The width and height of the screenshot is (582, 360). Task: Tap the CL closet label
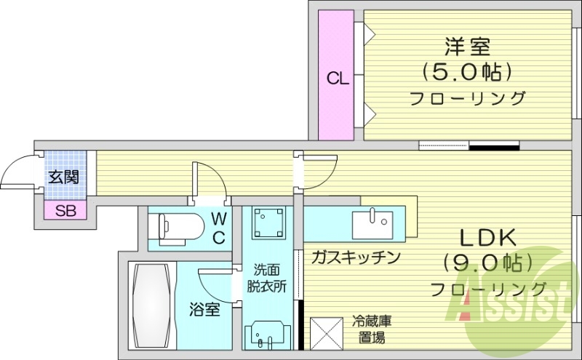coord(336,78)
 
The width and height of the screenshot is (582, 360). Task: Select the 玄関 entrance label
coord(64,176)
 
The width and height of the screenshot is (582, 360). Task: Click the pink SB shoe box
coord(65,211)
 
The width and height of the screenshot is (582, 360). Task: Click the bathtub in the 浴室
coord(151,306)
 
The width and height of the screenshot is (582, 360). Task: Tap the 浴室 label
coord(205,309)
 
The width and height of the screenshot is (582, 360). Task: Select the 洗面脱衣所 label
coord(265,277)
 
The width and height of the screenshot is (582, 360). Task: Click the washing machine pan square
coord(267,223)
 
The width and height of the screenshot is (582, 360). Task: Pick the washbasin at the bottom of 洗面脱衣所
coord(266,335)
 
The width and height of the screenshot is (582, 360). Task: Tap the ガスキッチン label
coord(356,257)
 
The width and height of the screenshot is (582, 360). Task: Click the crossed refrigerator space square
coord(327,334)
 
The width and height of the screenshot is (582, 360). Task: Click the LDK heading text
coord(487,238)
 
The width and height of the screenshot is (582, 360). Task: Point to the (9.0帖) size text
coord(487,262)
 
